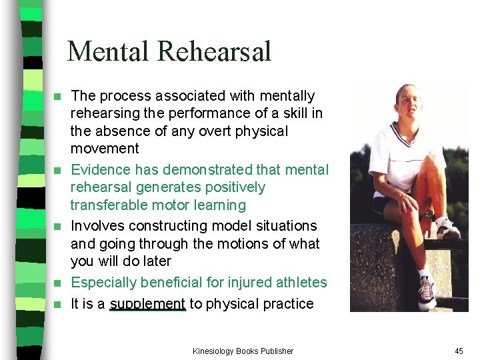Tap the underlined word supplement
click(147, 304)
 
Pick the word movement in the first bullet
click(105, 148)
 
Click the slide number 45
click(459, 351)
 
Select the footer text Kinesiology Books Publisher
click(243, 351)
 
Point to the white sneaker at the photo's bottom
click(427, 292)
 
